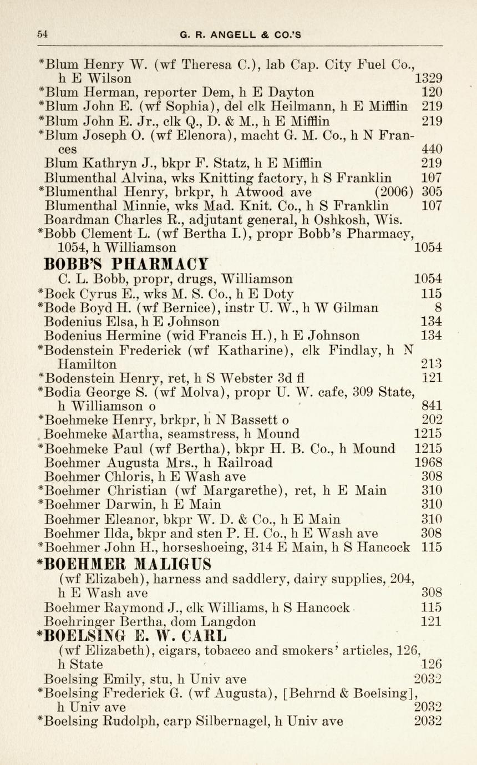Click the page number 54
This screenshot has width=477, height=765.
click(x=42, y=34)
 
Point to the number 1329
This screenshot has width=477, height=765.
click(x=429, y=78)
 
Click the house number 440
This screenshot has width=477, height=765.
click(x=432, y=149)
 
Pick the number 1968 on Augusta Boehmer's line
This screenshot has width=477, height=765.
click(x=429, y=463)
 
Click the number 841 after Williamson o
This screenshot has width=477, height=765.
click(x=432, y=406)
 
